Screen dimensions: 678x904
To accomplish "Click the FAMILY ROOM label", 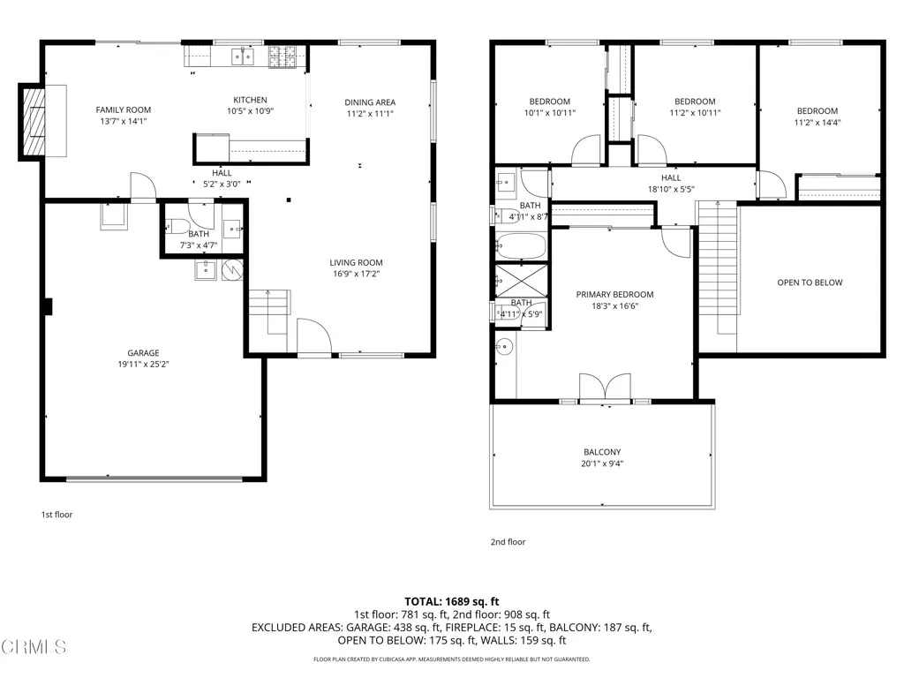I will pyautogui.click(x=123, y=110).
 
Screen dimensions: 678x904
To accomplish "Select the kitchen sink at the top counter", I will pyautogui.click(x=242, y=56).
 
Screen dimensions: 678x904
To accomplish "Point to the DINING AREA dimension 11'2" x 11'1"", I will pyautogui.click(x=370, y=113).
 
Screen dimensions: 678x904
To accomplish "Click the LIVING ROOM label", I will pyautogui.click(x=356, y=262).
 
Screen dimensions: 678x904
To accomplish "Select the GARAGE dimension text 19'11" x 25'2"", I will pyautogui.click(x=142, y=364).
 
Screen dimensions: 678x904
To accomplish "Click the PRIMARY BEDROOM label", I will pyautogui.click(x=614, y=295).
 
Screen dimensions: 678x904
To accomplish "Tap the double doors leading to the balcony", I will pyautogui.click(x=606, y=389).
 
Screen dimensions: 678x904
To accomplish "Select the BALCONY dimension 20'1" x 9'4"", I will pyautogui.click(x=602, y=463).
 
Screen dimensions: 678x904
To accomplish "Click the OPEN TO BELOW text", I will pyautogui.click(x=810, y=282).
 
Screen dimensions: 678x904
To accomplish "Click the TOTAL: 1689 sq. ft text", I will pyautogui.click(x=452, y=601).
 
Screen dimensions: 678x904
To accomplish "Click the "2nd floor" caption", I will pyautogui.click(x=508, y=542).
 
